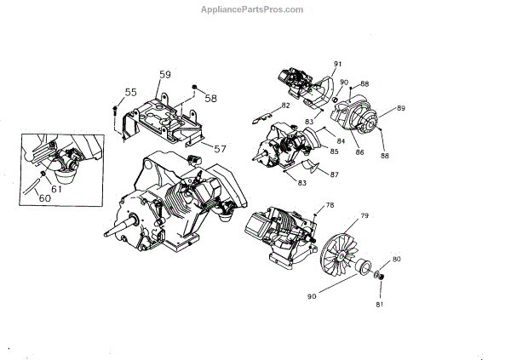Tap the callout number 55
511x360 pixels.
(x=130, y=92)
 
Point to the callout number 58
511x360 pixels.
(x=210, y=98)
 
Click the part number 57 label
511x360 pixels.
(x=220, y=148)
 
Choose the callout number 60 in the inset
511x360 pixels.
(x=43, y=198)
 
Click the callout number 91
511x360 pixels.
(x=337, y=65)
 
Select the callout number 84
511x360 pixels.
(x=340, y=140)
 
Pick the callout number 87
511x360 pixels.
(x=334, y=175)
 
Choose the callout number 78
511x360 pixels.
(x=330, y=205)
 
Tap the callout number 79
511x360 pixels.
(x=364, y=215)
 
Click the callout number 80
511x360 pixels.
(x=397, y=259)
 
